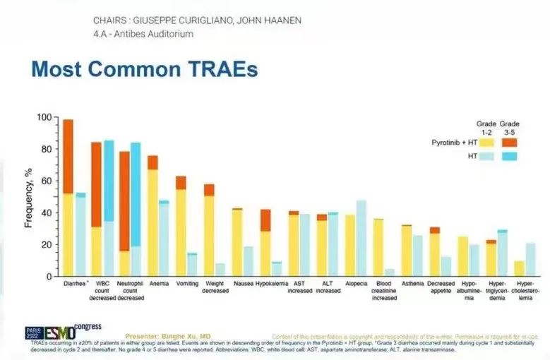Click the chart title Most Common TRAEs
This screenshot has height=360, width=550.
pyautogui.click(x=145, y=69)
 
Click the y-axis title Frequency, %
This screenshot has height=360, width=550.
pyautogui.click(x=29, y=196)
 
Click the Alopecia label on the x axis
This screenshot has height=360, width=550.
pyautogui.click(x=356, y=283)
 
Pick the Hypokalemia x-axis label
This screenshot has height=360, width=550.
pyautogui.click(x=270, y=283)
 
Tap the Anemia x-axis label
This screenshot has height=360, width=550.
pyautogui.click(x=158, y=283)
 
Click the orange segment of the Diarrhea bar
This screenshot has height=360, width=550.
pyautogui.click(x=68, y=156)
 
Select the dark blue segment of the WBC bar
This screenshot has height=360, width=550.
pyautogui.click(x=109, y=181)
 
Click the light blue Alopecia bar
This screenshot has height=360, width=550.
pyautogui.click(x=361, y=239)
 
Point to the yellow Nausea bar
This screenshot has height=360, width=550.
pyautogui.click(x=237, y=243)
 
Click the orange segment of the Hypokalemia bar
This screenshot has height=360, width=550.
pyautogui.click(x=265, y=220)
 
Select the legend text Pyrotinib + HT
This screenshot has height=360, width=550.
pyautogui.click(x=455, y=142)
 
